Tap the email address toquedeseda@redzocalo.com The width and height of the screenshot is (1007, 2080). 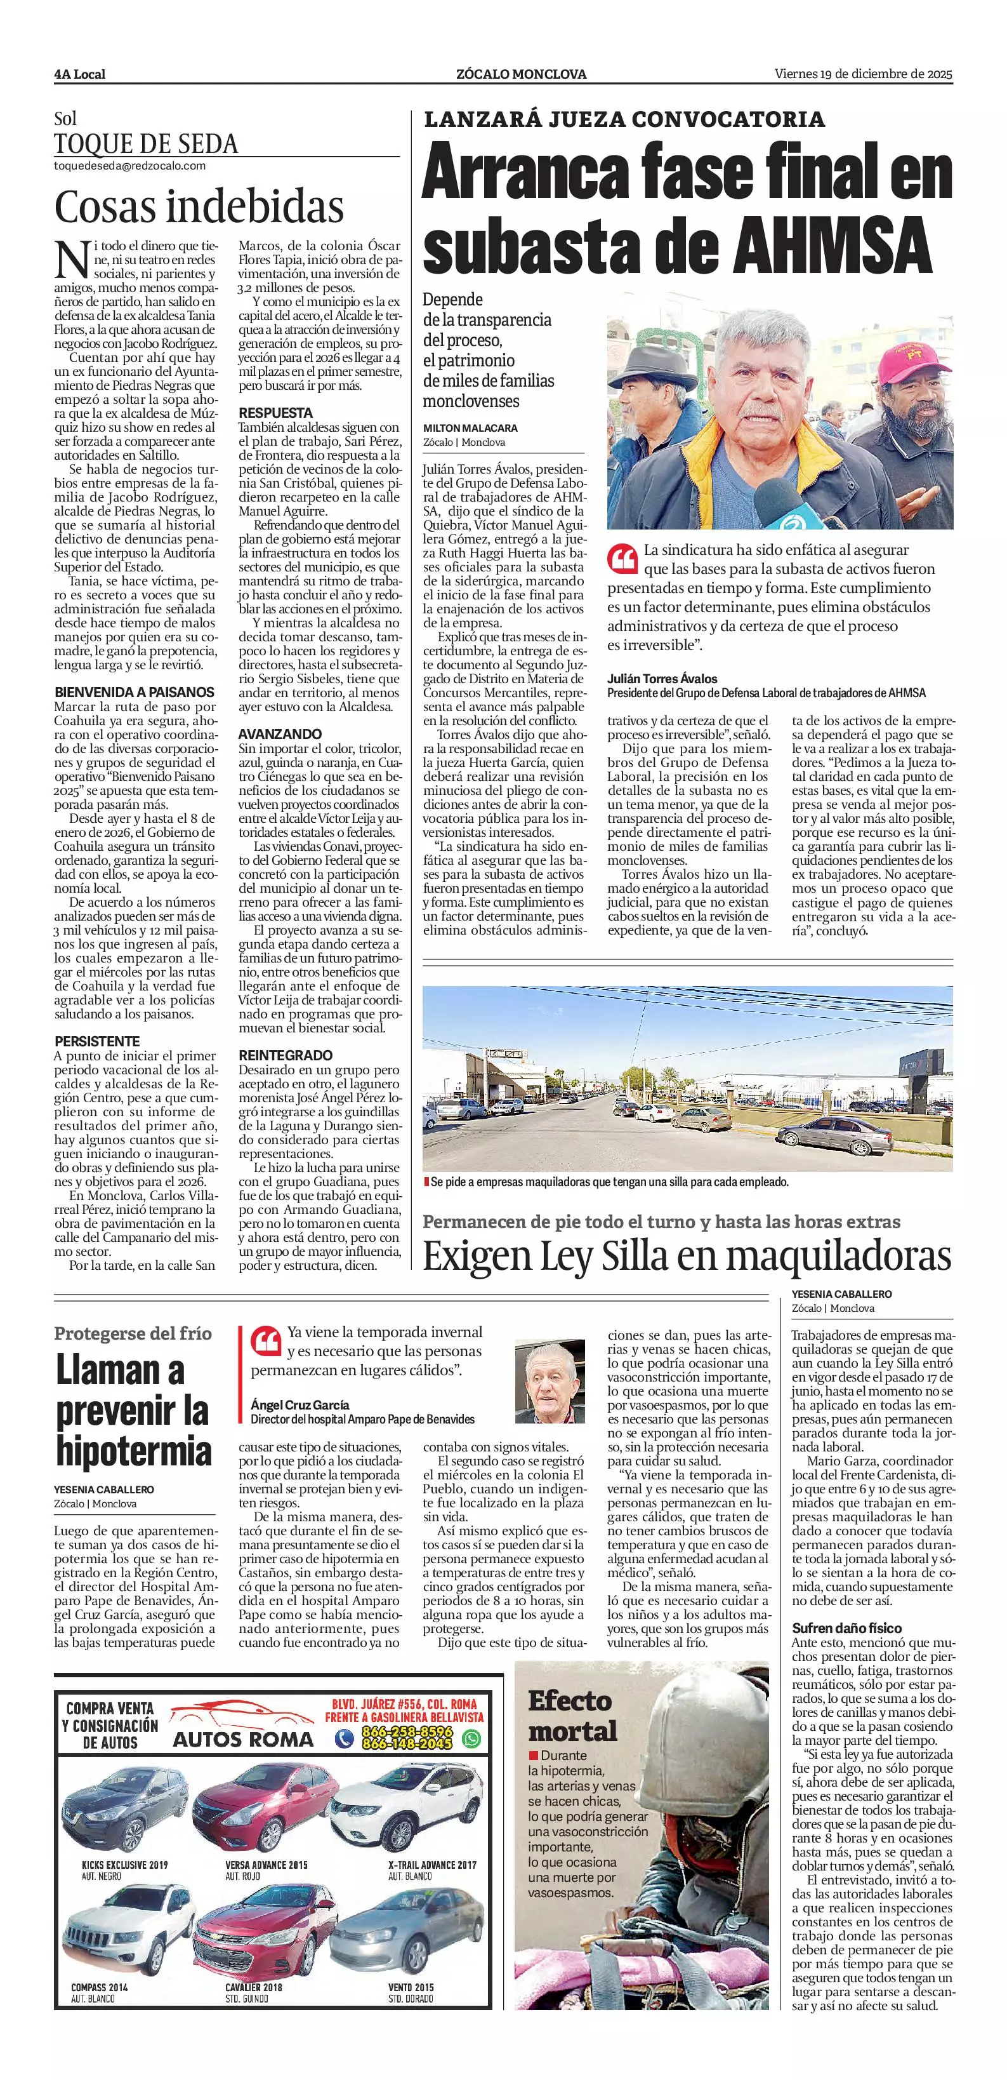pos(129,166)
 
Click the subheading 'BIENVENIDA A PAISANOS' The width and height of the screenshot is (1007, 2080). pos(134,692)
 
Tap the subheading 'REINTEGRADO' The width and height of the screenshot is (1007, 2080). pos(286,1055)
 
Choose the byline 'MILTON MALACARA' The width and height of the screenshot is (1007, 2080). pos(470,428)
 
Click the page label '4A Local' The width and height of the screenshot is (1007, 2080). pos(79,74)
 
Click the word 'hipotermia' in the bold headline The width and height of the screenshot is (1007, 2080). pos(134,1450)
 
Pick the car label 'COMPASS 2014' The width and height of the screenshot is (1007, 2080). pos(99,1987)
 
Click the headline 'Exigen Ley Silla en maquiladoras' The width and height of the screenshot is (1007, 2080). pos(687,1256)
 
